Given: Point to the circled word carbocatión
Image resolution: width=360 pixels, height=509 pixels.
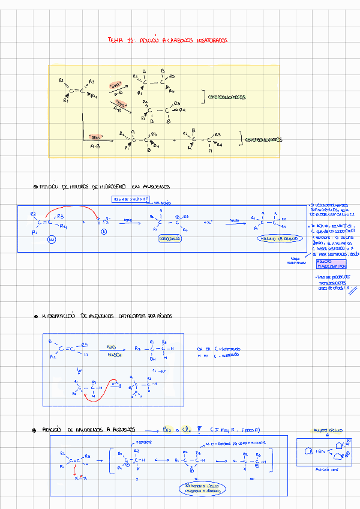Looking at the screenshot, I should (170, 238).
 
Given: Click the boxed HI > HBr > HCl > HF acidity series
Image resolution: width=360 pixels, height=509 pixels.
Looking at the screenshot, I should (131, 199).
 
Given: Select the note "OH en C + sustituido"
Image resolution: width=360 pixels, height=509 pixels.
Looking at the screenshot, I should (218, 348).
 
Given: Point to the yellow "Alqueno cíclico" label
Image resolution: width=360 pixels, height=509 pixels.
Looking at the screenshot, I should (327, 430).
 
